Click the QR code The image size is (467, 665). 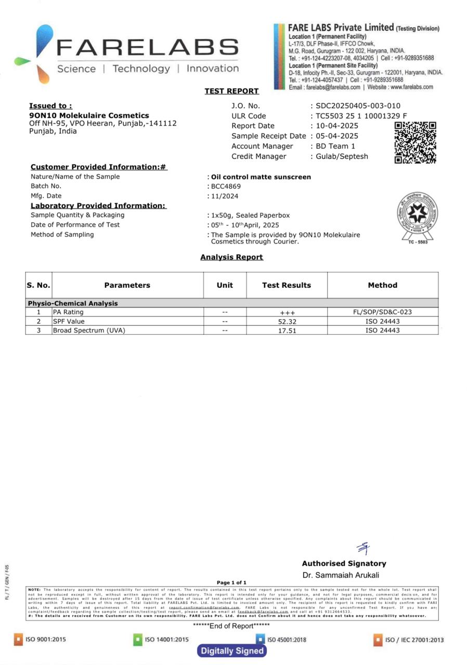(x=415, y=143)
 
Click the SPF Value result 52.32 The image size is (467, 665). (x=287, y=322)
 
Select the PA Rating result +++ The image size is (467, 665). (x=287, y=313)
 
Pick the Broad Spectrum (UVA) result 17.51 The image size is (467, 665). (x=287, y=330)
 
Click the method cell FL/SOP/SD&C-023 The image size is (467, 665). (x=382, y=312)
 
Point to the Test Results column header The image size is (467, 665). (x=287, y=285)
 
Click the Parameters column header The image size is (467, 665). (x=127, y=285)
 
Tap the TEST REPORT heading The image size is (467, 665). (x=231, y=91)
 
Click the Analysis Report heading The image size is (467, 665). (x=231, y=257)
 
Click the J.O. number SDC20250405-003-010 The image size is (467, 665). (x=358, y=106)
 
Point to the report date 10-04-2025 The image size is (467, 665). (x=338, y=126)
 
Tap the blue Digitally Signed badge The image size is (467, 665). (x=232, y=650)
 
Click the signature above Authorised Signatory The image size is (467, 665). (x=364, y=548)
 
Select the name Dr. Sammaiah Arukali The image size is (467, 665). (x=341, y=575)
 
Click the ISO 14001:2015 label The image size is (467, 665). (x=166, y=640)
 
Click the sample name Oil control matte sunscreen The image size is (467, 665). (x=261, y=177)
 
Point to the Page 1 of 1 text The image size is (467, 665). (x=231, y=583)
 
